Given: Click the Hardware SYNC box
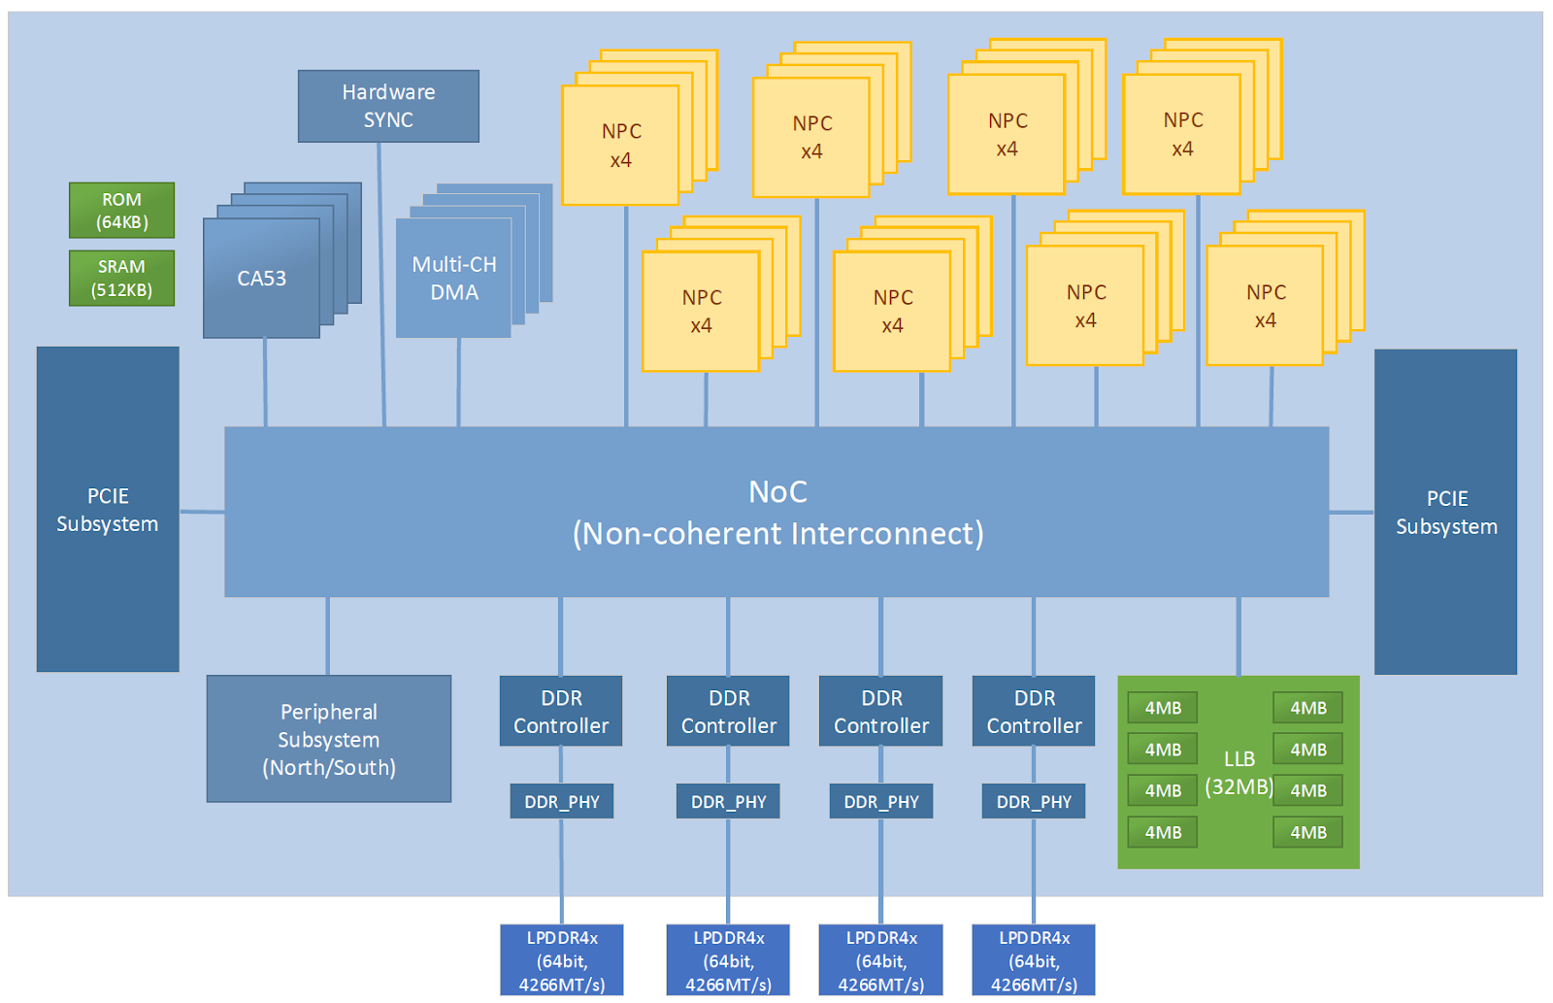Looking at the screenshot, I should point(388,106).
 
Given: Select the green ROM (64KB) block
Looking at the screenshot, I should point(121,210).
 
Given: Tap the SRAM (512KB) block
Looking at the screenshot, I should point(121,278).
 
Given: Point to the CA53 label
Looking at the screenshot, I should point(261,279).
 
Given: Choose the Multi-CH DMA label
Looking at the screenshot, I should point(453,278).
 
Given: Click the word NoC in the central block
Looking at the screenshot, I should point(777,492).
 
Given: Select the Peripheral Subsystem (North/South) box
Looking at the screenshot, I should point(328,739).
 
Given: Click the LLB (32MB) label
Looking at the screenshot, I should point(1239,773).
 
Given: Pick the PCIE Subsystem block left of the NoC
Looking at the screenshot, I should point(108,510).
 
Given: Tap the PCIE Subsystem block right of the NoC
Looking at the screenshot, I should point(1445,512).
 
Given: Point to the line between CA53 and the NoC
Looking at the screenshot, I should point(265,383).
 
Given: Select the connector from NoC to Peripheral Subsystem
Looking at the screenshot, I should point(328,636).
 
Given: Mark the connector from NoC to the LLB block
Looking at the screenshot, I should point(1239,636).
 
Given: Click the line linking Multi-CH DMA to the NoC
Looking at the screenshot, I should point(458,383).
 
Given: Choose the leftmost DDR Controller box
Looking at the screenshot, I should point(561,711).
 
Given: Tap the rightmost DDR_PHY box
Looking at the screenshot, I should point(1034,802).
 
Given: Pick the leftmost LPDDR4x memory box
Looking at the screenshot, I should point(562,960).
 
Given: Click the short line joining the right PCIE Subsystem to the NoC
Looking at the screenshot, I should point(1351,512).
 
